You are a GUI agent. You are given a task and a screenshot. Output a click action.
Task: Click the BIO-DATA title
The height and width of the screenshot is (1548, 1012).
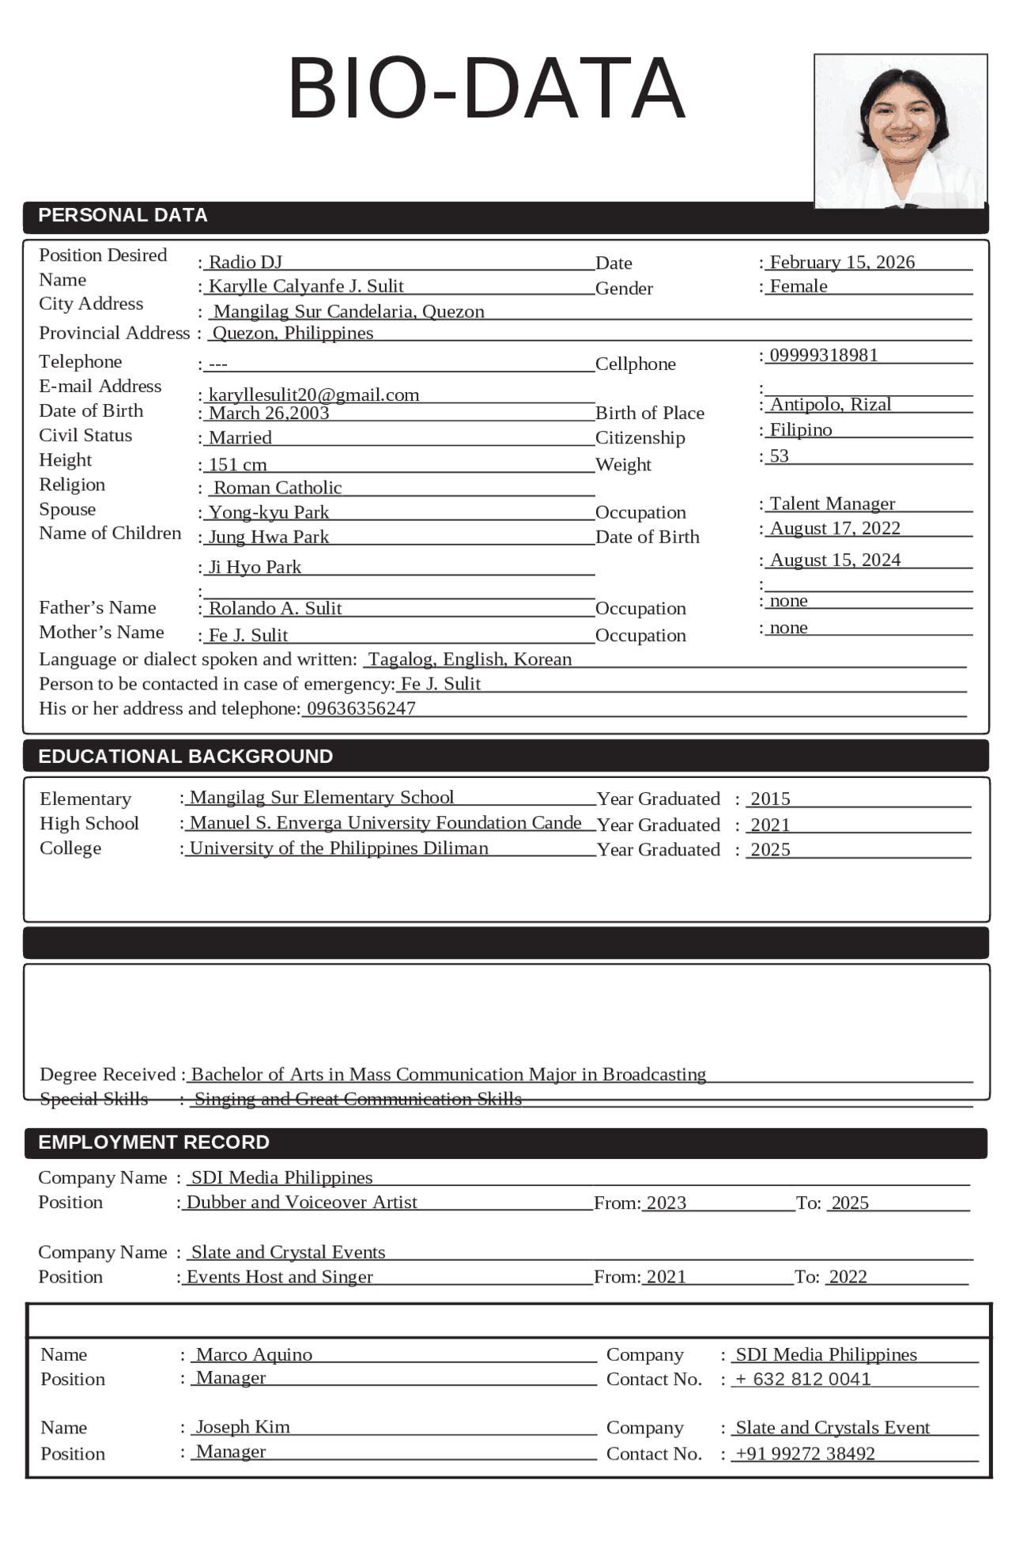[485, 89]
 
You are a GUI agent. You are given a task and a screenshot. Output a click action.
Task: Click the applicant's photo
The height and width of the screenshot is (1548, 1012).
[901, 131]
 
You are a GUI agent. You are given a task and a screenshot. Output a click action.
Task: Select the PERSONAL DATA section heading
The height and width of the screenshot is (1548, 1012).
[123, 215]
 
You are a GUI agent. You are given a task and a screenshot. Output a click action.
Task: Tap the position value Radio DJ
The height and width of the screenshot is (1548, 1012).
[245, 262]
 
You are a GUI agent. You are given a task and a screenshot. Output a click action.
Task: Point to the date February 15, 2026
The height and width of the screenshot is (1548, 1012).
[842, 262]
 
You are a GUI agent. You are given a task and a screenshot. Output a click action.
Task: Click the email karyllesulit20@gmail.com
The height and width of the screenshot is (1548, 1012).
[314, 395]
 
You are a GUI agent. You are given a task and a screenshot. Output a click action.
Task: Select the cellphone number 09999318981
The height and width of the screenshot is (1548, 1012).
[824, 355]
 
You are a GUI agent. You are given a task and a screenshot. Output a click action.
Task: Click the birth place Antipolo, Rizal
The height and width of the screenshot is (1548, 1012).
[830, 404]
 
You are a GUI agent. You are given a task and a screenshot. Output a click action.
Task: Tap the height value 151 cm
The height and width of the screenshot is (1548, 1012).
[237, 465]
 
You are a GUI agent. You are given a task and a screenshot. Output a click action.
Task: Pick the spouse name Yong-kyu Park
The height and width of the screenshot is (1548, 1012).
[269, 512]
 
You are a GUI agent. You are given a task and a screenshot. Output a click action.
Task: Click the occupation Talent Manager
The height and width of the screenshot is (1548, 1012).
[833, 504]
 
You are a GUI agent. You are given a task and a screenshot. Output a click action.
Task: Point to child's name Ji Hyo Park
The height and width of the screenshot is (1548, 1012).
[255, 567]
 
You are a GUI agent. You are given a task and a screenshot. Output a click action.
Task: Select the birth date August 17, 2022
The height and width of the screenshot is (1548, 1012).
[835, 528]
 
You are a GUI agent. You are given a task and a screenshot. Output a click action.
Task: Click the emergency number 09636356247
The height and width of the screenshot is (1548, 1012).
[361, 708]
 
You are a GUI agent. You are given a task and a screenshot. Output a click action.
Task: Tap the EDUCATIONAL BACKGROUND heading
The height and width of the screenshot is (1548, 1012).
[186, 757]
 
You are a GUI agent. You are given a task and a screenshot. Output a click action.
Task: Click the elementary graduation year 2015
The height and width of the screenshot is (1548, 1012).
[770, 799]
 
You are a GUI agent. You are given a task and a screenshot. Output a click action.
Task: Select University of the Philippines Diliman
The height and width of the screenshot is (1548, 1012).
[339, 848]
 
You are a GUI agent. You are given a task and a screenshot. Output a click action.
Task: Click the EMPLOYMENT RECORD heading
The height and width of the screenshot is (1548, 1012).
[154, 1142]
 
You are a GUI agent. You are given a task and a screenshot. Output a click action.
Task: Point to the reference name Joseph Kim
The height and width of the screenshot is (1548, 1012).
[243, 1427]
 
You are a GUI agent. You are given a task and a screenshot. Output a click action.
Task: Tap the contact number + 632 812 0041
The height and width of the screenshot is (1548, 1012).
[803, 1380]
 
